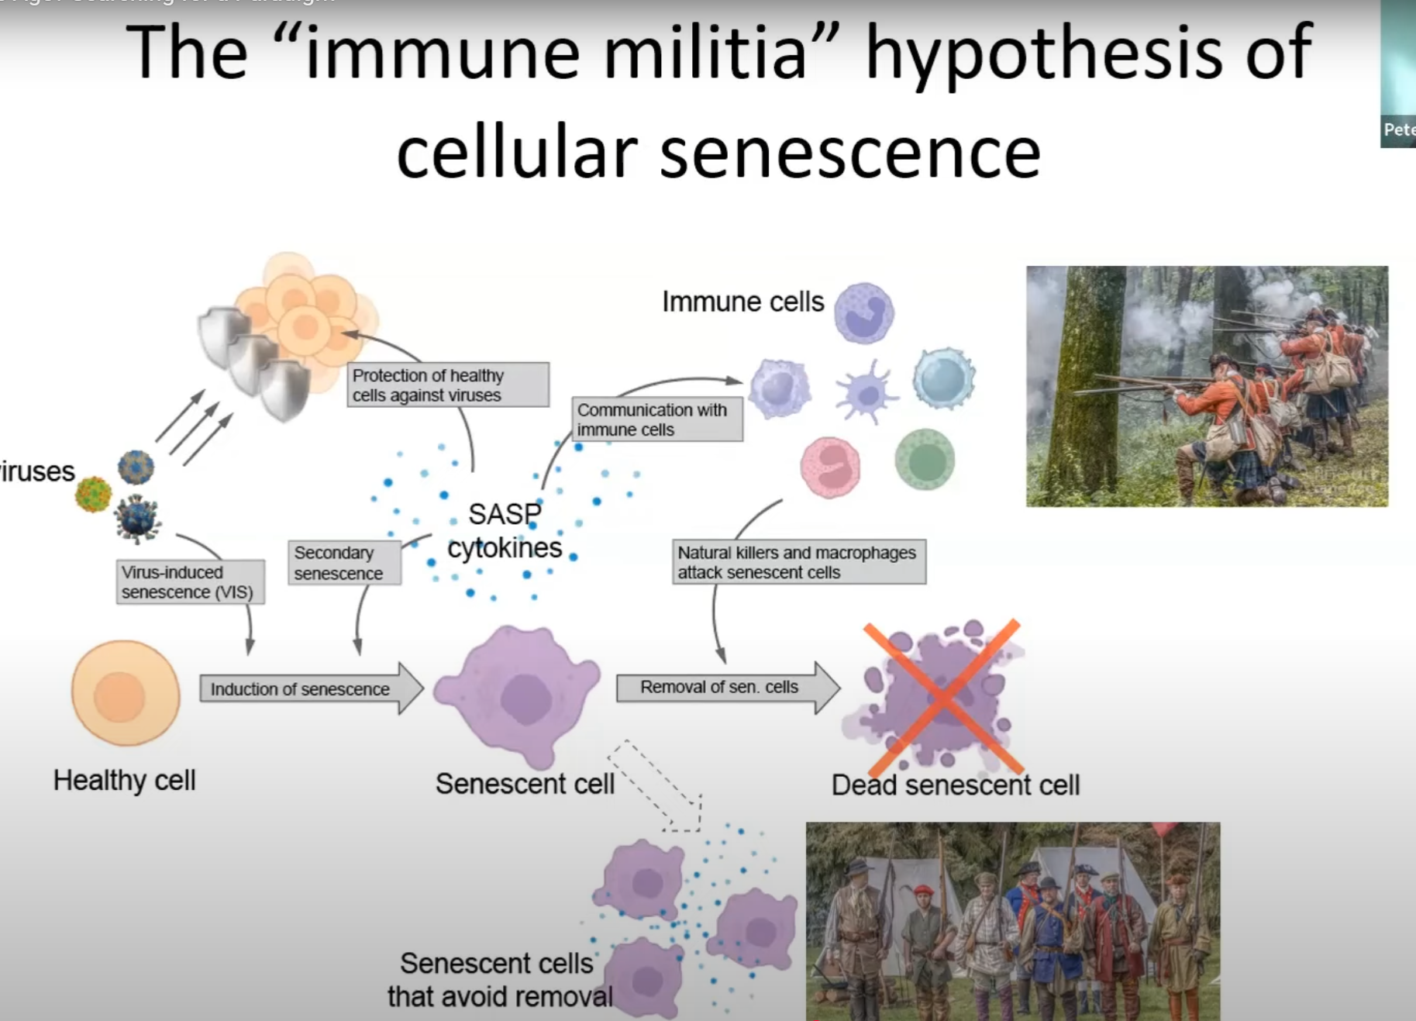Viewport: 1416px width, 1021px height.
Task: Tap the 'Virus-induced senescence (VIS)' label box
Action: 190,582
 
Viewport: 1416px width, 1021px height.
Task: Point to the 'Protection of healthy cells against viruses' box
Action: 447,385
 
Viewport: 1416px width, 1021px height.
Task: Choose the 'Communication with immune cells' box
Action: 657,419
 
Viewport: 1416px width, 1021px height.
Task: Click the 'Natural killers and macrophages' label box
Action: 798,562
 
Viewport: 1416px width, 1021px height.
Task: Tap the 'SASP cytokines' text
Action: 505,531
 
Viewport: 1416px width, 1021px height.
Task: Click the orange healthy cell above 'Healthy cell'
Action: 125,693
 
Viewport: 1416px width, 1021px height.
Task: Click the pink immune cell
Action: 830,467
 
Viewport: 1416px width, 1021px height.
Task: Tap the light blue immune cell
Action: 943,379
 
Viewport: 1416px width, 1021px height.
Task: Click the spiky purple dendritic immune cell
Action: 866,392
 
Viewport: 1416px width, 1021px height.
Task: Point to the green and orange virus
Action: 93,494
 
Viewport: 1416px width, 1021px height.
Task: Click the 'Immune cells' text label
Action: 742,302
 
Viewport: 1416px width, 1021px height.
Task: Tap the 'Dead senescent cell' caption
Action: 955,785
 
